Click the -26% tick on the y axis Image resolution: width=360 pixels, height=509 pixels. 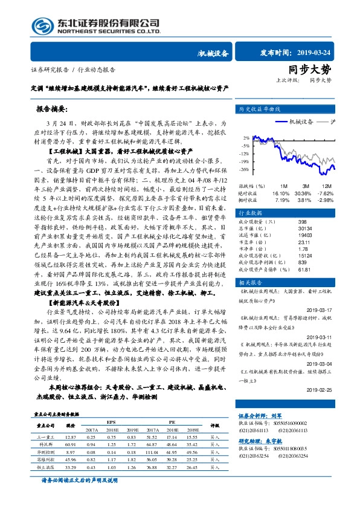tap(245, 170)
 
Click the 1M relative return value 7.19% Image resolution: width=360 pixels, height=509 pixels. tap(281, 199)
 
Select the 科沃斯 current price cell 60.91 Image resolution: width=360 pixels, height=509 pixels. tap(70, 444)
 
